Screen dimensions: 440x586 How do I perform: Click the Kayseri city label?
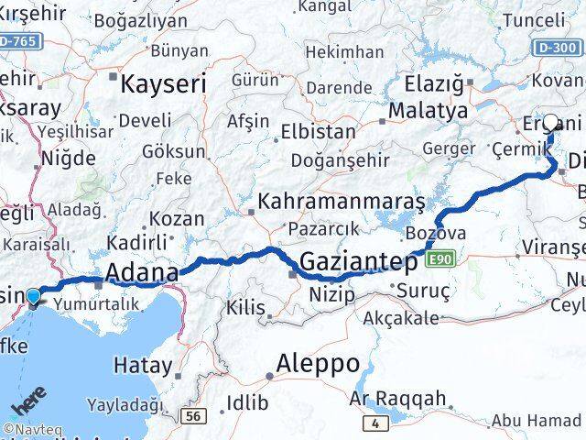(163, 85)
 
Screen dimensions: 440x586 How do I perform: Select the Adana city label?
(141, 272)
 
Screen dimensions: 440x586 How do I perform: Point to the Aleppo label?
(318, 363)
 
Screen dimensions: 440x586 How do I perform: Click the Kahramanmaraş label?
(341, 201)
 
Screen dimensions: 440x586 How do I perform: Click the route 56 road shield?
(192, 417)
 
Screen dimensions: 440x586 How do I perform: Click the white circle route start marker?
(551, 121)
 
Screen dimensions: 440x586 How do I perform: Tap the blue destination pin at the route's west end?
(34, 297)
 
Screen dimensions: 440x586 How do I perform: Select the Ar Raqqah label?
(398, 399)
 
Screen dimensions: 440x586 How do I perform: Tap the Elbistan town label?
(318, 131)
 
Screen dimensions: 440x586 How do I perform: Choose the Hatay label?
(142, 366)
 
